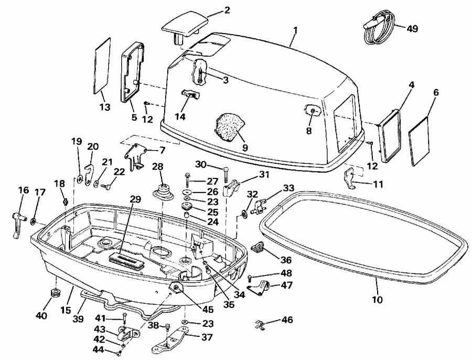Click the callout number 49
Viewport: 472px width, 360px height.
[x=412, y=28]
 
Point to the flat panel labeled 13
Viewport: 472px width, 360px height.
[x=102, y=65]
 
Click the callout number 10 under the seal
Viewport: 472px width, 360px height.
[x=377, y=300]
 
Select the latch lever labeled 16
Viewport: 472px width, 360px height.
[x=16, y=221]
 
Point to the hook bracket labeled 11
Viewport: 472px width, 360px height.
[x=352, y=179]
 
